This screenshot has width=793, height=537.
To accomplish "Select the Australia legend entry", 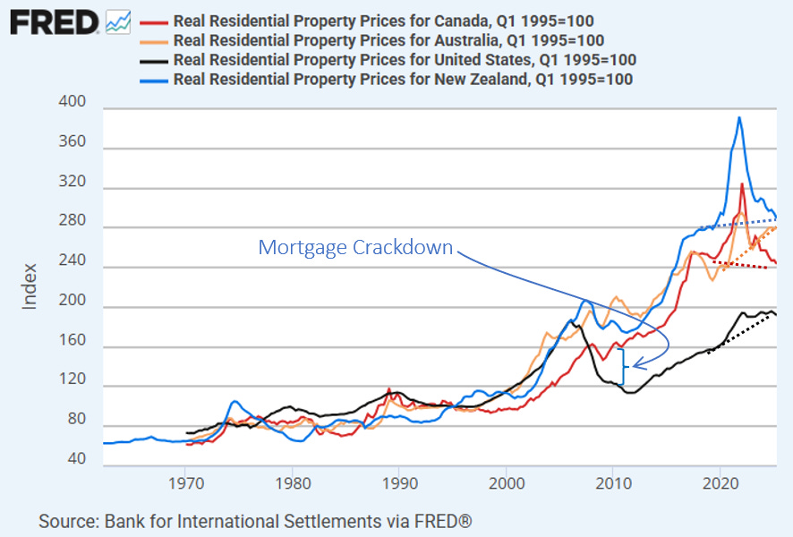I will tap(388, 40).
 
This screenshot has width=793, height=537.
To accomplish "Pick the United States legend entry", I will tap(405, 60).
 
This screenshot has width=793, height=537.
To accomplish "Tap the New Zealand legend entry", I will tap(403, 80).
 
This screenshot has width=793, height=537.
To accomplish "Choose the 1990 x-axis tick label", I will tap(398, 482).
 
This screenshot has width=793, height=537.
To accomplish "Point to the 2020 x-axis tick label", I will tap(720, 482).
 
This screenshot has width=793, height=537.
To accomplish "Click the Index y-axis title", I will tap(30, 286).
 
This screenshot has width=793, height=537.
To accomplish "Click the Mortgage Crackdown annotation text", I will tap(355, 248).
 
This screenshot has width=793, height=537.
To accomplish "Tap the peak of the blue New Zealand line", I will tap(739, 117).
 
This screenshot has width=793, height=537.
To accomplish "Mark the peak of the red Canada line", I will tap(742, 184).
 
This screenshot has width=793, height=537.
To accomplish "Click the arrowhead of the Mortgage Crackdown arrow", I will tap(635, 364).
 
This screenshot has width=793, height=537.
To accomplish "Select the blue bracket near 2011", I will tap(623, 365).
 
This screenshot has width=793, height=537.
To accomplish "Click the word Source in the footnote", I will tap(66, 521).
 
